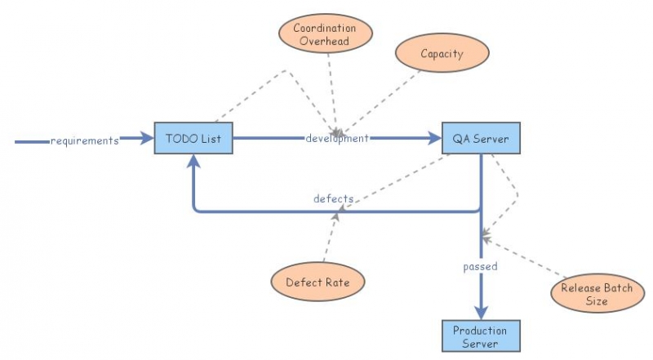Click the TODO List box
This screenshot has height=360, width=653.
coord(193,139)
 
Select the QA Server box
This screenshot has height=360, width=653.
coord(481,139)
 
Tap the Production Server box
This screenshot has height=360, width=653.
coord(481,336)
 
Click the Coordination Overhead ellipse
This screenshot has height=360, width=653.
coord(326,34)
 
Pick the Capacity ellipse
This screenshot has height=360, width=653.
coord(442,54)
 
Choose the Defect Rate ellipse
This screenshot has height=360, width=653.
coord(317,282)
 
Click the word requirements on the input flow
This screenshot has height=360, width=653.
coord(84,140)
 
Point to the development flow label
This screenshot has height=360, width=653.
coord(337,139)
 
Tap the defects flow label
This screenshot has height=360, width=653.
coord(333,198)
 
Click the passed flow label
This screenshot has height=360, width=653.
coord(480,266)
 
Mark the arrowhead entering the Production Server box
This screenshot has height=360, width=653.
coord(481,313)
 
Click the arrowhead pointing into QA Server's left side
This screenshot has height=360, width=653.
coord(433,139)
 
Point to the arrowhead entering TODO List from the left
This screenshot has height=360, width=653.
coord(146,140)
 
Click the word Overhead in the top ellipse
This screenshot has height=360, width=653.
coord(326,42)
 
